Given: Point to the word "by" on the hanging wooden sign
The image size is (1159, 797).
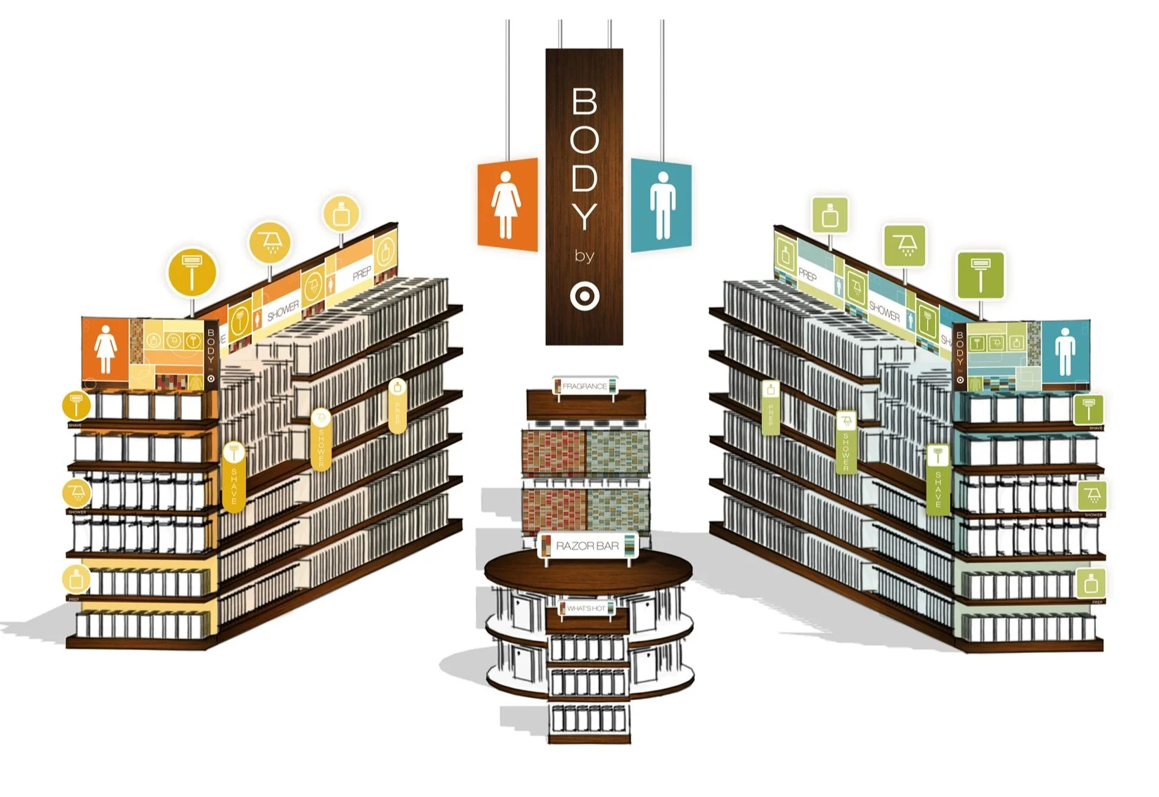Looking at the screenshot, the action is point(583,256).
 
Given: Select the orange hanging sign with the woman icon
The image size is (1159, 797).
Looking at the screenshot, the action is point(507,205).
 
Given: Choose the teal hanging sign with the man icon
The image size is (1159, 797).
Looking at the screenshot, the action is point(661,205).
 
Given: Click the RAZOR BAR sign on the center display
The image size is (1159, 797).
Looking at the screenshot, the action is point(588,546).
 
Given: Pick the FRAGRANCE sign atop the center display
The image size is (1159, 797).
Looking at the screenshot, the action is point(584,386).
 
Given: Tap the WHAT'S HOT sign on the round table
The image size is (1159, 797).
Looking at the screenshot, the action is point(586,608).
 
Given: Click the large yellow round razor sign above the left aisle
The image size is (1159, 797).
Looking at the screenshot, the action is point(192,272).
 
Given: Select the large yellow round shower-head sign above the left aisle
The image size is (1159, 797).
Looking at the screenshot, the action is point(270,242).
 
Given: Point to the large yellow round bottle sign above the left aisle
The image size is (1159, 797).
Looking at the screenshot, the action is point(342,214).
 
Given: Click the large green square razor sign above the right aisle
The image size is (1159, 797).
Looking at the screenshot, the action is point(980,276).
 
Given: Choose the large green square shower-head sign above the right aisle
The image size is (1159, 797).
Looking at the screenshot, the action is point(905,245).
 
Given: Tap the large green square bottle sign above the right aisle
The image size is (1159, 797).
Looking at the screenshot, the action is point(830,215).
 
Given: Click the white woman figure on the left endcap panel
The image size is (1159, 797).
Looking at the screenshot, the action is point(105,351).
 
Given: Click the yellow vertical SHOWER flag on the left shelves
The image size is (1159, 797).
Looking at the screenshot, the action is point(321,439).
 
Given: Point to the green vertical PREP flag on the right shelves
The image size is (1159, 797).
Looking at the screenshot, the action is point(771,408).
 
